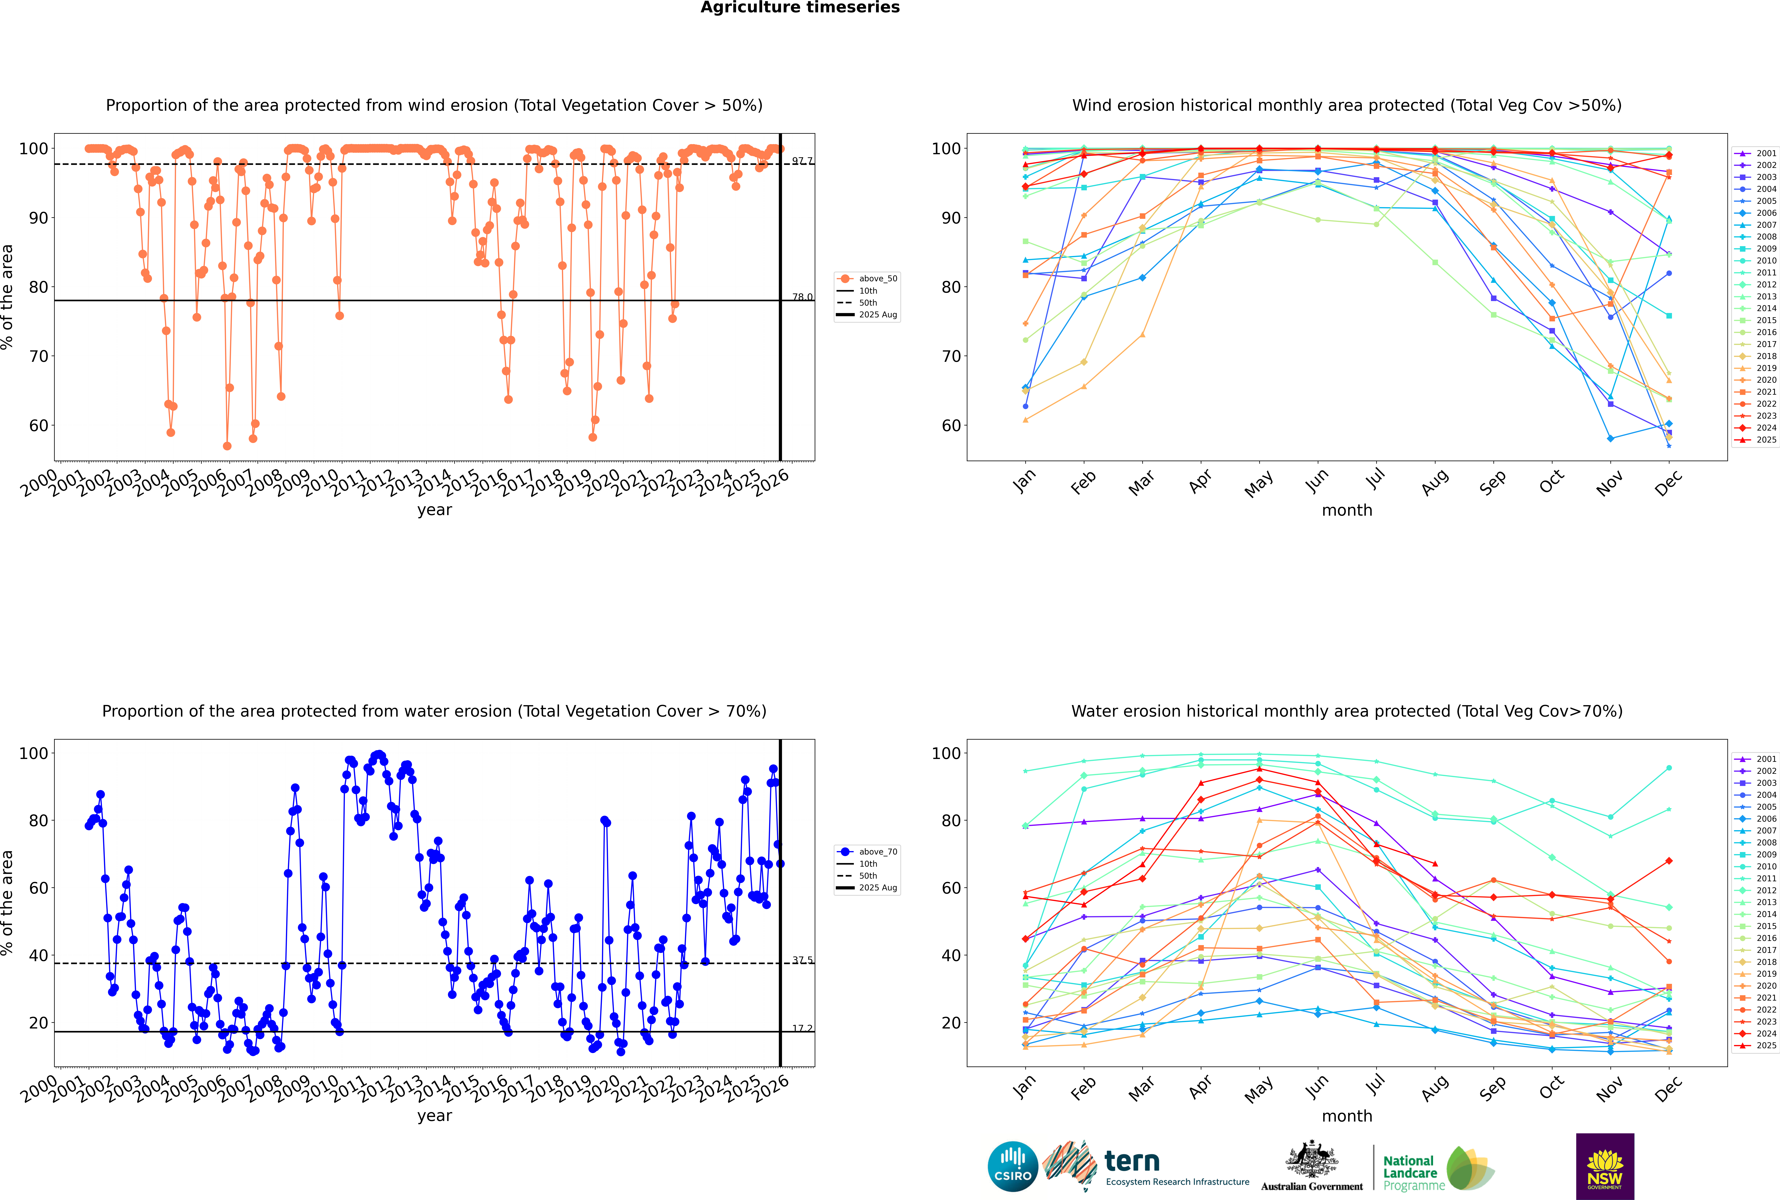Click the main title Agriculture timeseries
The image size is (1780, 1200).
click(x=800, y=8)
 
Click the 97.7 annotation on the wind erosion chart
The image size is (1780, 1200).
click(x=802, y=161)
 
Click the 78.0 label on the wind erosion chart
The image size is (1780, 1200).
click(x=802, y=297)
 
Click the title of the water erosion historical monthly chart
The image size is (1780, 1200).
click(x=1347, y=711)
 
